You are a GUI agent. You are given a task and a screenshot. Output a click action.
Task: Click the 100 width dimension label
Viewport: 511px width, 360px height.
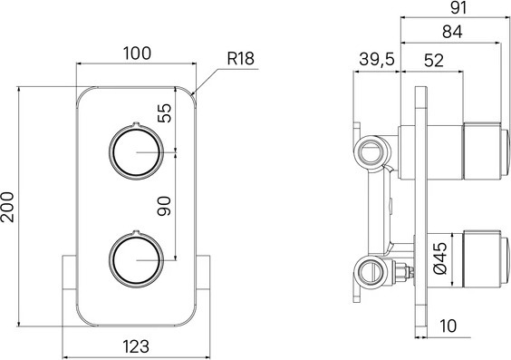(137, 54)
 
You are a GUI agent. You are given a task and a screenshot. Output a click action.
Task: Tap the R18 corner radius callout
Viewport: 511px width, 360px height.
(240, 59)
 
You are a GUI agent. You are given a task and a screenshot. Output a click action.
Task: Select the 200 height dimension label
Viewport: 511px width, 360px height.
(7, 208)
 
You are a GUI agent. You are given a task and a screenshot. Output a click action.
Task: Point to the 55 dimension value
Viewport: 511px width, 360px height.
(164, 112)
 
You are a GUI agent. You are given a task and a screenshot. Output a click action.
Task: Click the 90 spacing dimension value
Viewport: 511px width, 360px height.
(164, 206)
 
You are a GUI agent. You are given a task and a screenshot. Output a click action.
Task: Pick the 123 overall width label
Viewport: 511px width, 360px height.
(136, 346)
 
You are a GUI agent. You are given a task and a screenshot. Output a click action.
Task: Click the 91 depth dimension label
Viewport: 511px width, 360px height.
(458, 8)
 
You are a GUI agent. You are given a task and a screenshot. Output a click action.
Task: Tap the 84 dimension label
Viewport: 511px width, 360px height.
(452, 32)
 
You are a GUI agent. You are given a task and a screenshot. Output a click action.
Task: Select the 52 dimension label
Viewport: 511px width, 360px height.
(434, 61)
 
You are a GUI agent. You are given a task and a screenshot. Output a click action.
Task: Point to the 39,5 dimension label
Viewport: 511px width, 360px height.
(377, 59)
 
